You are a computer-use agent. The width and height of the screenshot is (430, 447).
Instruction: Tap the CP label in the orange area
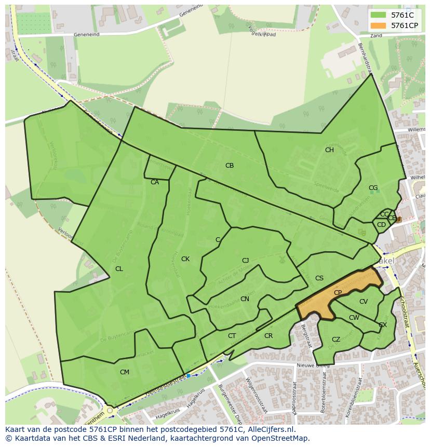tap(338, 293)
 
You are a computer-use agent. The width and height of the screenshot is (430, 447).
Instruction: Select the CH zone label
tap(329, 150)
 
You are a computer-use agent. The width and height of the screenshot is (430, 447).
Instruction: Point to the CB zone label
tap(230, 166)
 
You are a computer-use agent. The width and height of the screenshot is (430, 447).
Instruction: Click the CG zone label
tap(373, 188)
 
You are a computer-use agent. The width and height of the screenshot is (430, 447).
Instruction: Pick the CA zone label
tap(155, 182)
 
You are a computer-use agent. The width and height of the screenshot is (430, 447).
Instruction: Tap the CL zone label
tap(119, 269)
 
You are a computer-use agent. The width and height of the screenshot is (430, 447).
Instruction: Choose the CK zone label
tap(185, 259)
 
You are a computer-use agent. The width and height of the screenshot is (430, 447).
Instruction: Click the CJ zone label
tap(246, 261)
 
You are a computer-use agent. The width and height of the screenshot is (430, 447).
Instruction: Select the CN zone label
tap(245, 299)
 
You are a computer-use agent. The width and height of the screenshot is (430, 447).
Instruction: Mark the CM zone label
tap(125, 372)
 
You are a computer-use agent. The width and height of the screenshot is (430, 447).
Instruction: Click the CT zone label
tap(232, 336)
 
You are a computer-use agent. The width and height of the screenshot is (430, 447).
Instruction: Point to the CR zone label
tap(268, 336)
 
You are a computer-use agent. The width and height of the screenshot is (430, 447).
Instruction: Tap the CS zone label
tap(319, 278)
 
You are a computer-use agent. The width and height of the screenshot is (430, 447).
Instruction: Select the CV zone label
tap(364, 302)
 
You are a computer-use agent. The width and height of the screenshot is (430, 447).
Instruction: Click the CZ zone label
tap(336, 340)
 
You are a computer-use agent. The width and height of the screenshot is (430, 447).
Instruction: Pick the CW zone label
tap(354, 318)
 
